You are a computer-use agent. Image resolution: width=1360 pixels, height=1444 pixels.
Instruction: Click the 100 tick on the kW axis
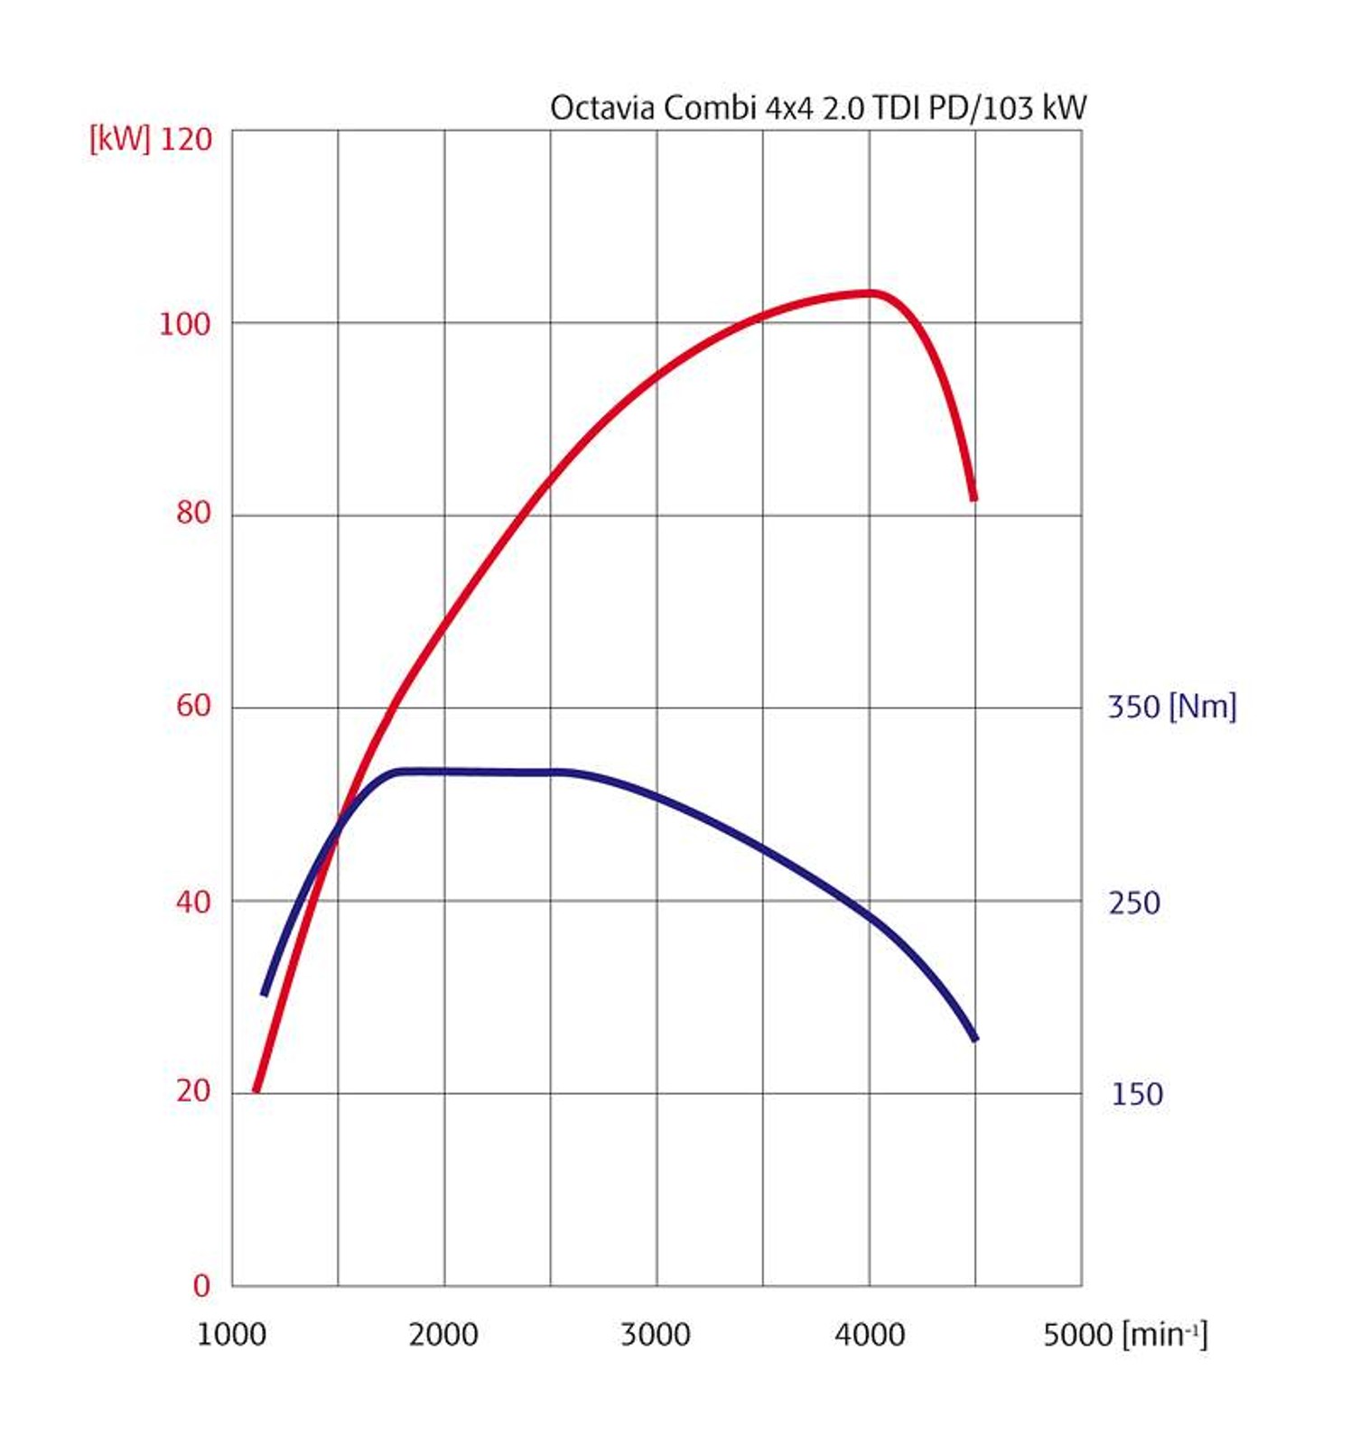(184, 324)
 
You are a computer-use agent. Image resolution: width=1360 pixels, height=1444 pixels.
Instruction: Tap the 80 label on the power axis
(193, 513)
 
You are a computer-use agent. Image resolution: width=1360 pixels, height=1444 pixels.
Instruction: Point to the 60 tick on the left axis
(193, 706)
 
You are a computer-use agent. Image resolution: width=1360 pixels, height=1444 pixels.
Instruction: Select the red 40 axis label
(193, 901)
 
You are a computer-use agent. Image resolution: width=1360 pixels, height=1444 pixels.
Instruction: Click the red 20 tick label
(193, 1091)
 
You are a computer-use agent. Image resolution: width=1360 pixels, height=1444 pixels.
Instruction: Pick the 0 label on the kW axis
(201, 1286)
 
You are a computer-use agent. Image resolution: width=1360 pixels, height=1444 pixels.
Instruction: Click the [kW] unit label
(119, 139)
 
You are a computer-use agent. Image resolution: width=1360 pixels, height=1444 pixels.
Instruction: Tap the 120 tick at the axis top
(186, 139)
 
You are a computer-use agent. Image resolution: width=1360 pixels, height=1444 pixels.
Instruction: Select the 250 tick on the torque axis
(1134, 902)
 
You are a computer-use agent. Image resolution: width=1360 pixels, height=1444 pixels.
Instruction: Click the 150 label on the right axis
(1136, 1094)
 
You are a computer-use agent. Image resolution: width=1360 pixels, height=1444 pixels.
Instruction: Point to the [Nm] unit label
(1203, 706)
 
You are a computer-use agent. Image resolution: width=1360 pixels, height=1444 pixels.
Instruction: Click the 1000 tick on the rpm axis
(231, 1335)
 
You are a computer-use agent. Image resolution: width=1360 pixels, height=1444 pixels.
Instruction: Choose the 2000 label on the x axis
(443, 1335)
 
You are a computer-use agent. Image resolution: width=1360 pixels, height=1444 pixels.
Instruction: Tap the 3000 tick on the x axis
(656, 1335)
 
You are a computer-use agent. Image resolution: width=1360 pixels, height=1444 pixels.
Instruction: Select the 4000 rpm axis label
(870, 1335)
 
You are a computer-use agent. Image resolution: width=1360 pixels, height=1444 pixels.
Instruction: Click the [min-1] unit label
(1164, 1334)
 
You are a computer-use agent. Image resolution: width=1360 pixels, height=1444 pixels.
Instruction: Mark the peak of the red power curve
(870, 292)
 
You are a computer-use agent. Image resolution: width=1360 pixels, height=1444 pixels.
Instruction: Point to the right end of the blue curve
(974, 1039)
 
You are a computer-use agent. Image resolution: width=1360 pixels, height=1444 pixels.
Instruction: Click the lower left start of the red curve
(256, 1089)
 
